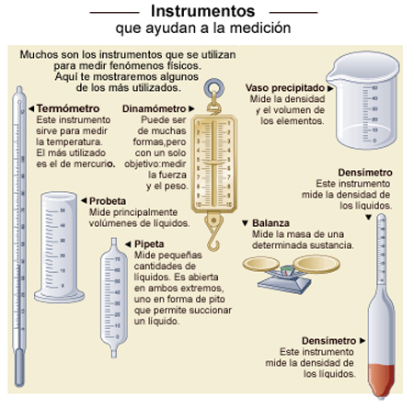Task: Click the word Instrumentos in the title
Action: (202, 11)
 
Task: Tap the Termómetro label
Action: (68, 108)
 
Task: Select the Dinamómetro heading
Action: (154, 108)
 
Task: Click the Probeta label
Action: (108, 201)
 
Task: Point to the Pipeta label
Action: (149, 244)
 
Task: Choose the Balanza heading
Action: (270, 223)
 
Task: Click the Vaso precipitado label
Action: (285, 88)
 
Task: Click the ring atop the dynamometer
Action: (213, 88)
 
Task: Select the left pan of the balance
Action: (261, 264)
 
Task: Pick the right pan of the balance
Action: (316, 264)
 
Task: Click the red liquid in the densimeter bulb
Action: (381, 380)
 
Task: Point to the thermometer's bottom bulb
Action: (19, 368)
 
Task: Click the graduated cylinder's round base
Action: (59, 296)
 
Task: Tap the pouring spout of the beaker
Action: (332, 75)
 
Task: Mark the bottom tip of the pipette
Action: (114, 356)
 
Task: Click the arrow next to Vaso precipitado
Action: (330, 88)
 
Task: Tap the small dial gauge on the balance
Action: (286, 271)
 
